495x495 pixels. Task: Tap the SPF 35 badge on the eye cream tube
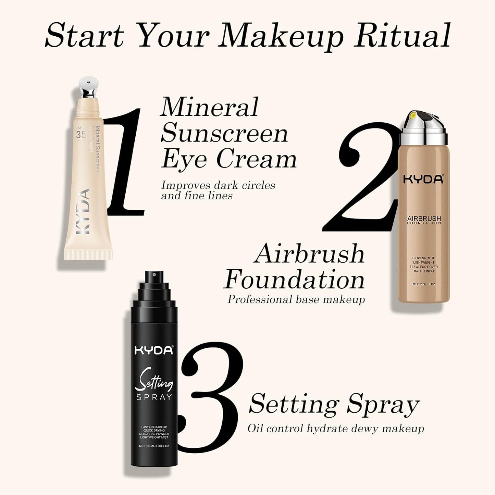tap(81, 134)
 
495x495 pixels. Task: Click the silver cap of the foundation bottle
tap(424, 129)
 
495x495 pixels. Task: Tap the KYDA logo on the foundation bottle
tap(423, 179)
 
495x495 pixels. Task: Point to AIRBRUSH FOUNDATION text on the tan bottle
tap(424, 220)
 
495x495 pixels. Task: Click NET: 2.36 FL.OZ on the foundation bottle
tap(424, 284)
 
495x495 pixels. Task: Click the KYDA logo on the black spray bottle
tap(154, 350)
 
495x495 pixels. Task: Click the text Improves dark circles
tap(218, 185)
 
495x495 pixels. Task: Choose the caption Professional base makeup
tap(296, 299)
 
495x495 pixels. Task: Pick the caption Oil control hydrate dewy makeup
tap(336, 429)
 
